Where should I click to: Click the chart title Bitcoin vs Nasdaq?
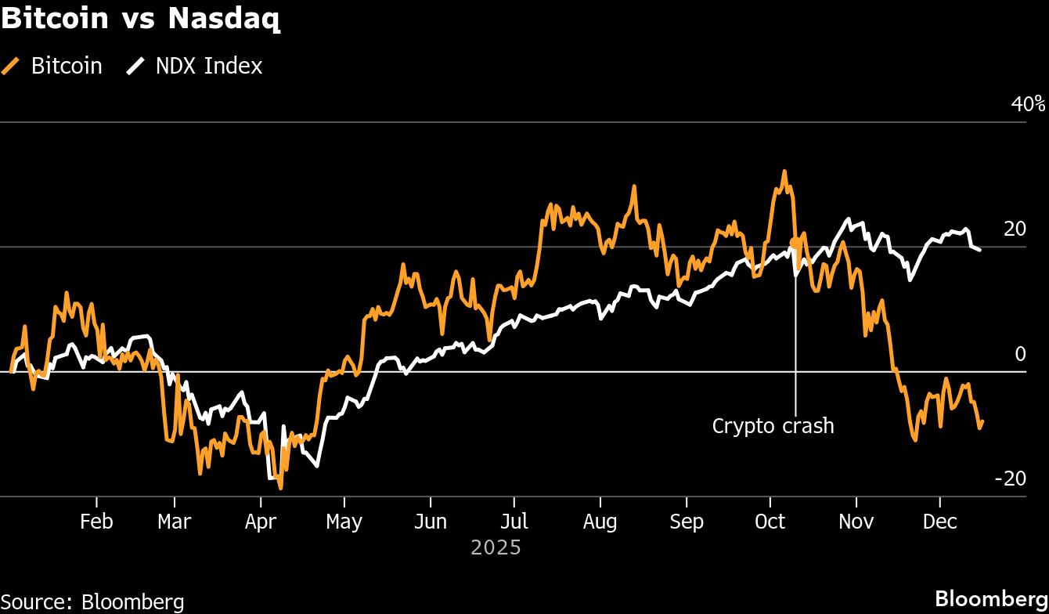tap(141, 19)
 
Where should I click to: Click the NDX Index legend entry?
tap(195, 66)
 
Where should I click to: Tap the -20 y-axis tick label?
tap(1010, 479)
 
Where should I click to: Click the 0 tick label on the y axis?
tap(1020, 354)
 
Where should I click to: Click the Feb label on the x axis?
tap(96, 522)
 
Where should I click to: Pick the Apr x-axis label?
tap(260, 522)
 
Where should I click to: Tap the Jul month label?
tap(514, 522)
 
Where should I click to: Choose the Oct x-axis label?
tap(770, 522)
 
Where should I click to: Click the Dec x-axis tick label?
tap(939, 522)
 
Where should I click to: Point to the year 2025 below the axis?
tap(496, 547)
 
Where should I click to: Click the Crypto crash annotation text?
tap(773, 426)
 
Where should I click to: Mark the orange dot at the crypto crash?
tap(795, 243)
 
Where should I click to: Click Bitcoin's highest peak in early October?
tap(784, 172)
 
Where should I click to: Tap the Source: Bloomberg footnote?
tap(92, 601)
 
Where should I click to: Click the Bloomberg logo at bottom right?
tap(991, 599)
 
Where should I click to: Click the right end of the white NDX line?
tap(980, 249)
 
